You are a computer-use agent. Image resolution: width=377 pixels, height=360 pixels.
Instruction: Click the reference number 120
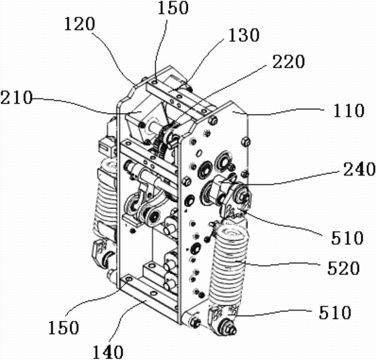click(x=80, y=24)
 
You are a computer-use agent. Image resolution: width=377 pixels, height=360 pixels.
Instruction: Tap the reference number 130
click(x=244, y=35)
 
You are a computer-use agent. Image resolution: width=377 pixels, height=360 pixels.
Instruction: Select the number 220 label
click(x=289, y=61)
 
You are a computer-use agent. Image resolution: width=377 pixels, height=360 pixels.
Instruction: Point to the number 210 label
click(x=16, y=98)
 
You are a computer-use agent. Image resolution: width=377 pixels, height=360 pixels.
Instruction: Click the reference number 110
click(x=349, y=110)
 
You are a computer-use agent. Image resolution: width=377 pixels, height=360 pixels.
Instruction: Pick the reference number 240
click(x=359, y=169)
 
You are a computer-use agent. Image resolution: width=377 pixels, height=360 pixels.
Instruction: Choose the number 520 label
click(x=343, y=268)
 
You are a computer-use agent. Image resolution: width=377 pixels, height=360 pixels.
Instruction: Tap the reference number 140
click(x=108, y=352)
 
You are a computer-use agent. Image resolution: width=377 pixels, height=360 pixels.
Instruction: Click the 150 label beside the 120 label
click(x=173, y=8)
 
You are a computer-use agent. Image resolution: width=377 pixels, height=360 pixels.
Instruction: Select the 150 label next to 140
click(x=63, y=327)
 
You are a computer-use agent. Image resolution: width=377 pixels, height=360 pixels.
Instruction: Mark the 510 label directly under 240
click(x=347, y=238)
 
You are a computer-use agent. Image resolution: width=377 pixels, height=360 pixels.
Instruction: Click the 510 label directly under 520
click(x=335, y=313)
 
